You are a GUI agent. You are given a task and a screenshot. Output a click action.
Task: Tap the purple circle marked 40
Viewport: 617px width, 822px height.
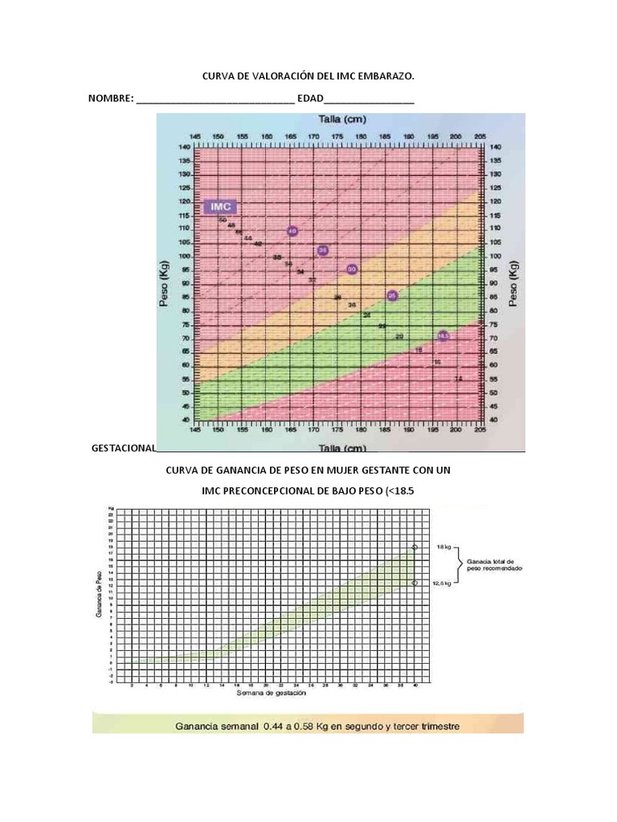292,231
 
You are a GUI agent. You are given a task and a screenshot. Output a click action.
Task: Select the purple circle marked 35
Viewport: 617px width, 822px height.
323,250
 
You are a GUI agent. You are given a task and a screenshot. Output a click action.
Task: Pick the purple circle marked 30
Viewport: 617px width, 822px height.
352,270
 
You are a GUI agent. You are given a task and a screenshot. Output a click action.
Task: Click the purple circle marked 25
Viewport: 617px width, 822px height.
392,296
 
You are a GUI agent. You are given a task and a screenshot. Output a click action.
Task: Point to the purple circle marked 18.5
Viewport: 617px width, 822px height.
443,336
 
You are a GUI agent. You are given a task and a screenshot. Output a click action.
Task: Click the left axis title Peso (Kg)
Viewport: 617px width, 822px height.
164,283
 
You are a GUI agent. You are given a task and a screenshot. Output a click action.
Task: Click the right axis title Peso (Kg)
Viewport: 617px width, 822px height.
513,283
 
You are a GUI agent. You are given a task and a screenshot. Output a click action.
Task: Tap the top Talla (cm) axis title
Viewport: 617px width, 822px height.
342,120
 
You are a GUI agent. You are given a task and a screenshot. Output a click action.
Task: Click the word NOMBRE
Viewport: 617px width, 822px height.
110,99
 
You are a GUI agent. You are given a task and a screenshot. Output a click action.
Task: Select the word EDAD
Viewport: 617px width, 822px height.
310,99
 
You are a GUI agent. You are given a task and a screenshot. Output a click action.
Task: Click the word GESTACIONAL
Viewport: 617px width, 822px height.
124,448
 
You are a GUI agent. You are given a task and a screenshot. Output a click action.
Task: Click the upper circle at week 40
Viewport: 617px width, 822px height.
415,547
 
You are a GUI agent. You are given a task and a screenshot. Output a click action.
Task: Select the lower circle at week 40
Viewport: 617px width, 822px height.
415,584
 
